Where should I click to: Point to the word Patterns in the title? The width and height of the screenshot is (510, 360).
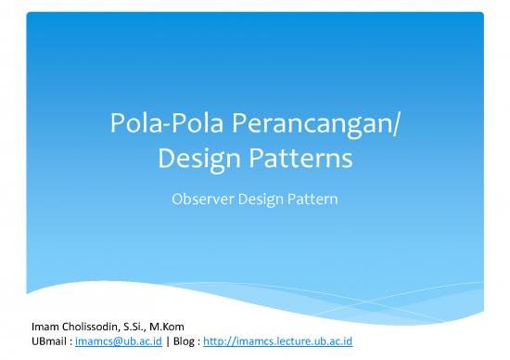tap(300, 160)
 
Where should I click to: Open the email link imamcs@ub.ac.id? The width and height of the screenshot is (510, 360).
tap(109, 341)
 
